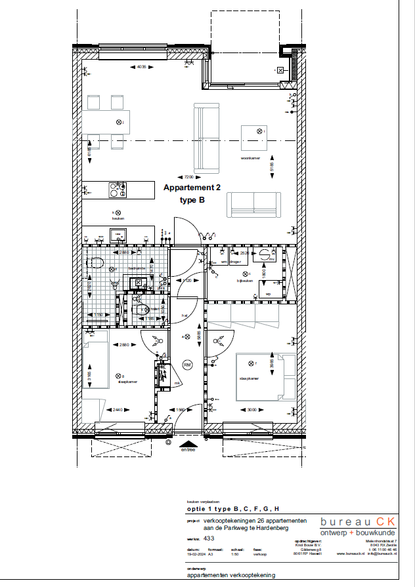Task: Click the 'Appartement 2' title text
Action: click(x=192, y=188)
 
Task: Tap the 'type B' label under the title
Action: click(x=192, y=201)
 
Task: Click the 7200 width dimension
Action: click(x=188, y=177)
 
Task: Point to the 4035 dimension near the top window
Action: click(x=141, y=67)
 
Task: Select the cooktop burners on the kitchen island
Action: click(x=118, y=190)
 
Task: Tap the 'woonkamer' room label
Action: click(x=250, y=158)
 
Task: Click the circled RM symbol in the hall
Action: click(x=187, y=364)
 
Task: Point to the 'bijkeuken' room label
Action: click(x=245, y=281)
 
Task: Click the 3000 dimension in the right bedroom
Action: click(x=252, y=410)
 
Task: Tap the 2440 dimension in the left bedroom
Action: click(x=118, y=410)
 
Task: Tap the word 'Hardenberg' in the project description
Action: click(x=287, y=528)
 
